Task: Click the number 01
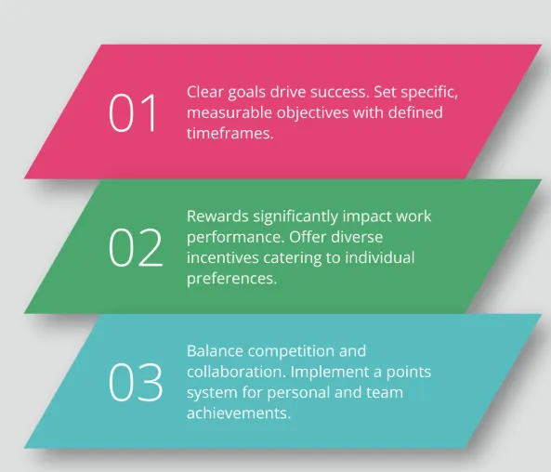pos(135,113)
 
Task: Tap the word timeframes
pos(228,134)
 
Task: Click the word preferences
pos(231,278)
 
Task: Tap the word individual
pos(378,257)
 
